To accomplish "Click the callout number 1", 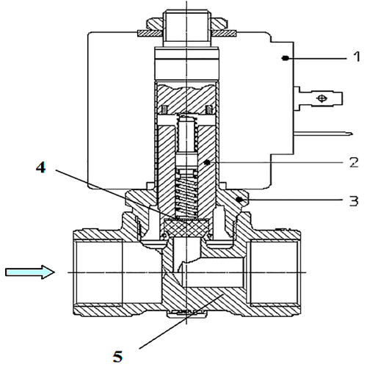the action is [x=357, y=57].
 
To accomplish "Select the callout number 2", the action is [x=354, y=162].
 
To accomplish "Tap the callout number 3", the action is [x=354, y=201].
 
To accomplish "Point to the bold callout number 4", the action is [x=40, y=167].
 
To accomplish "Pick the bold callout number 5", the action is [x=117, y=357].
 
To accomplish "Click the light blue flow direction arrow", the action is [x=30, y=272].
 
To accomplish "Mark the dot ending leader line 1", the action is [x=285, y=58].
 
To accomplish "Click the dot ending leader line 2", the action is [x=208, y=162].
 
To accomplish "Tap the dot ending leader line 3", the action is [x=240, y=200].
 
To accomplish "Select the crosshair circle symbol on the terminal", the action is [x=321, y=98].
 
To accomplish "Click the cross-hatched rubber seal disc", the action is [x=186, y=228].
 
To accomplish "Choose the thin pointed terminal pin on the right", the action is [x=323, y=134].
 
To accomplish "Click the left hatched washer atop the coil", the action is [x=149, y=33].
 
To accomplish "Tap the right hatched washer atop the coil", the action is [x=224, y=33].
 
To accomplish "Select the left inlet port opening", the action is [x=98, y=272].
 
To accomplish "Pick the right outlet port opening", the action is [x=274, y=272].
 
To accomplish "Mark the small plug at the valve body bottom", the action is [x=186, y=313].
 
